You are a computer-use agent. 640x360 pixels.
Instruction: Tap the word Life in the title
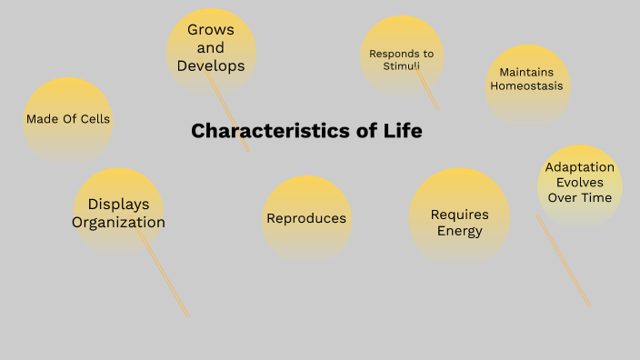[x=404, y=131]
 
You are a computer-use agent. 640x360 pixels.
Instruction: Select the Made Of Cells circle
[x=68, y=119]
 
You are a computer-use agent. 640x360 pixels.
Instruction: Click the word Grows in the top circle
[x=211, y=30]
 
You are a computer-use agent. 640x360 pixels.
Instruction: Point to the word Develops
[x=211, y=65]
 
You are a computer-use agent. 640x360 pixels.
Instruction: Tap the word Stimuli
[x=401, y=65]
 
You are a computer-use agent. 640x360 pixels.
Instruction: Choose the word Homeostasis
[x=526, y=86]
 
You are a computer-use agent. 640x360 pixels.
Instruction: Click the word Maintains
[x=527, y=72]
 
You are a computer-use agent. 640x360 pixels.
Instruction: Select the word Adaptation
[x=580, y=167]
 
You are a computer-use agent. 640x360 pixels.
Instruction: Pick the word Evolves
[x=580, y=182]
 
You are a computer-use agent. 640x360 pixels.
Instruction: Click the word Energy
[x=459, y=231]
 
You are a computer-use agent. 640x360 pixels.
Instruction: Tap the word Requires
[x=459, y=215]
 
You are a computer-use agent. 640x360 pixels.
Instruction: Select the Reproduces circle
[x=306, y=218]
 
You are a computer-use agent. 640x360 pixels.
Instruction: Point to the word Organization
[x=119, y=222]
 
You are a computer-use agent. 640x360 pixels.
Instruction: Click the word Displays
[x=118, y=204]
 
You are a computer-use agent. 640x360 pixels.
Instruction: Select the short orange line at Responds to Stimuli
[x=428, y=91]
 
